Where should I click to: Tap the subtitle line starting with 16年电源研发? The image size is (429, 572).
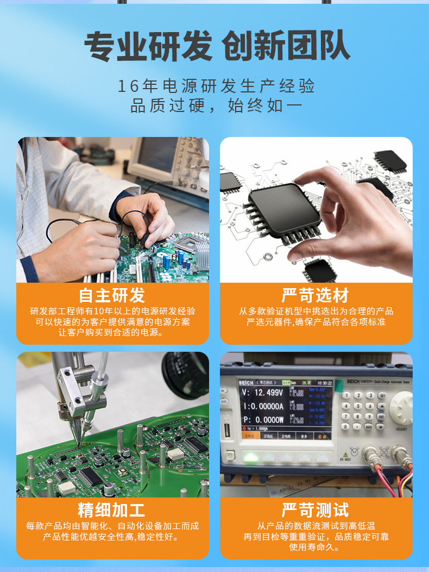click(x=216, y=86)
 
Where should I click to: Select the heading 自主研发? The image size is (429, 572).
click(x=112, y=295)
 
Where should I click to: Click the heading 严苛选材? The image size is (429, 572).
click(x=316, y=295)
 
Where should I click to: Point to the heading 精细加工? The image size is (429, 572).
click(x=112, y=510)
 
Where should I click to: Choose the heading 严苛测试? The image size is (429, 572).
click(x=316, y=510)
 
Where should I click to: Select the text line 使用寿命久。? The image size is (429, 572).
click(x=316, y=547)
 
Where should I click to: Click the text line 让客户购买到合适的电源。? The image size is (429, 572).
click(x=112, y=332)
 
